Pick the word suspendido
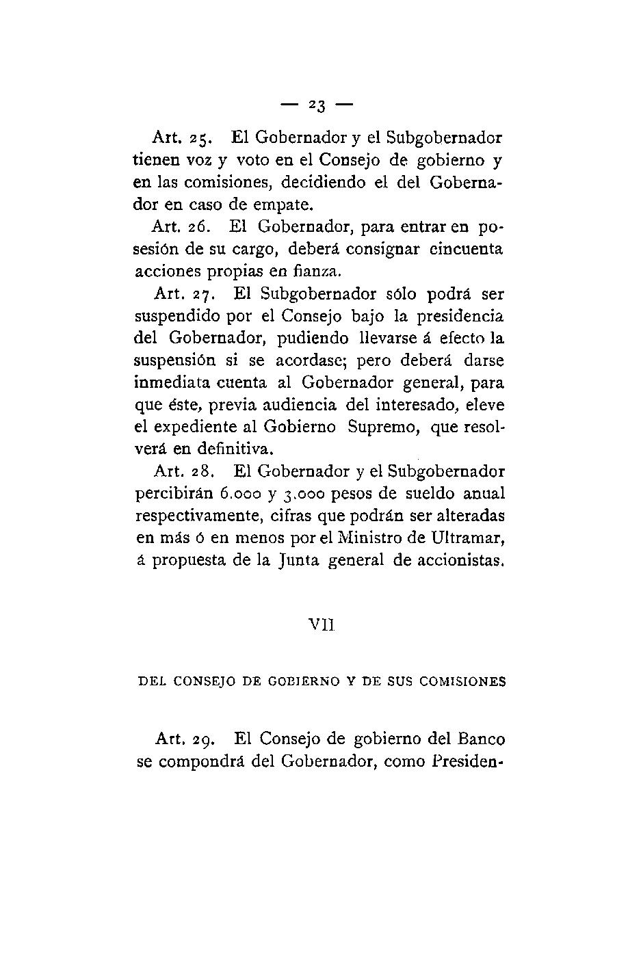(x=176, y=317)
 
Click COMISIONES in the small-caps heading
(x=462, y=681)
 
